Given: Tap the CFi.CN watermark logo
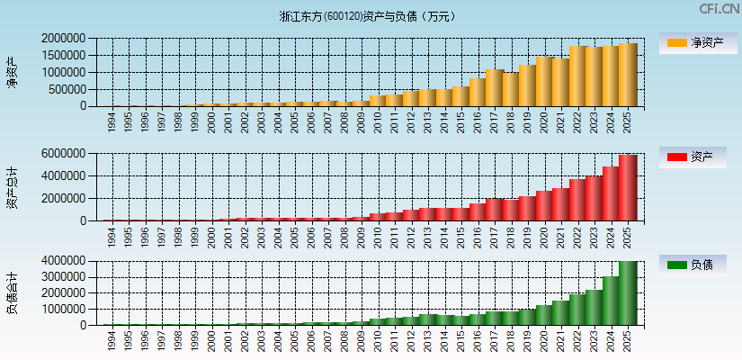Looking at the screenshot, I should (x=719, y=9).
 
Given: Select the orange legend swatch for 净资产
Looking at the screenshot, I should (x=675, y=43).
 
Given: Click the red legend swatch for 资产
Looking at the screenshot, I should (x=675, y=157).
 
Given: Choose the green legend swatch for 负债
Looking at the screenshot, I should (x=675, y=265).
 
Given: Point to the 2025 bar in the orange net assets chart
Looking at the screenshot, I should (x=627, y=75).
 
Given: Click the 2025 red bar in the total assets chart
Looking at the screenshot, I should (x=627, y=187).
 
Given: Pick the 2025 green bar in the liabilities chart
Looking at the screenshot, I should (x=627, y=292).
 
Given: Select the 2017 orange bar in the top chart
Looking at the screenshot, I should (x=494, y=88).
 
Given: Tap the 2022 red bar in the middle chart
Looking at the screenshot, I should (x=577, y=200).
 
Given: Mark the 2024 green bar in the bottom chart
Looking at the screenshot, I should (x=610, y=300).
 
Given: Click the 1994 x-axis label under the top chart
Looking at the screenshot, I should (x=112, y=121).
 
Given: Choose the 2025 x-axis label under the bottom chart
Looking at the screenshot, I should (x=627, y=341).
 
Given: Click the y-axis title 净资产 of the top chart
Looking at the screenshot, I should (x=12, y=72).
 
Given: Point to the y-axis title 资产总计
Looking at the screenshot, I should (x=12, y=186).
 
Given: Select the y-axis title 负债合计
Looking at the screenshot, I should (x=12, y=292).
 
